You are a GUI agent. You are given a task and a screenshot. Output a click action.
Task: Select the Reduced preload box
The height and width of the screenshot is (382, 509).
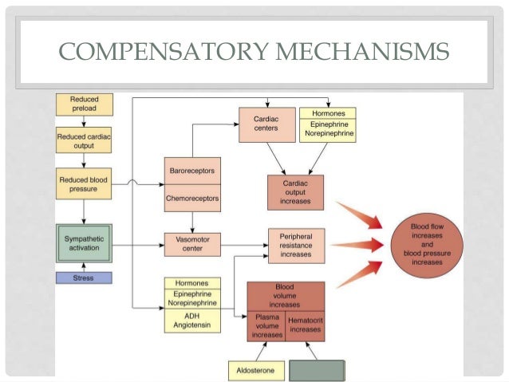pyautogui.click(x=84, y=104)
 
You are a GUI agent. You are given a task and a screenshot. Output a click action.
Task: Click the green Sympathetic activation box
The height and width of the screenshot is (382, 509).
pyautogui.click(x=84, y=244)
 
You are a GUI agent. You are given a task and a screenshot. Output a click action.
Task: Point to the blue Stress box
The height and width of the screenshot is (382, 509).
pyautogui.click(x=84, y=278)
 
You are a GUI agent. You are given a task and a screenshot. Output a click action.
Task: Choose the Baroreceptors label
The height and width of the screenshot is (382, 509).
pyautogui.click(x=191, y=171)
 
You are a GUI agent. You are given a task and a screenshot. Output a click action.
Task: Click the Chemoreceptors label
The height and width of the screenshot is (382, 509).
pyautogui.click(x=191, y=197)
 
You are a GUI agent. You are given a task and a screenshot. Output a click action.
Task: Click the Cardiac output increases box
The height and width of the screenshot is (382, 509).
pyautogui.click(x=295, y=191)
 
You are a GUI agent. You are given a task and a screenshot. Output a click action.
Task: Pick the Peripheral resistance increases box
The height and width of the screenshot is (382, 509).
pyautogui.click(x=295, y=244)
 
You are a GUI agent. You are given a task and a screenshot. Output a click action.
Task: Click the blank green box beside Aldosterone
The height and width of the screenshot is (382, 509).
pyautogui.click(x=317, y=371)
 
